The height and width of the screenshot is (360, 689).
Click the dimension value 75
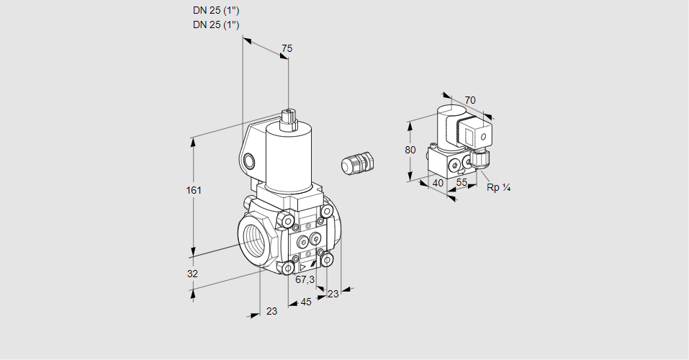click(287, 48)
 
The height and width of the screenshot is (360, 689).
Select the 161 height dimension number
click(194, 190)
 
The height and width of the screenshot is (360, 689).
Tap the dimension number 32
click(192, 274)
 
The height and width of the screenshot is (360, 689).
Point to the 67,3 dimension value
click(305, 279)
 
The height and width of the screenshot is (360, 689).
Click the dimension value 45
click(306, 302)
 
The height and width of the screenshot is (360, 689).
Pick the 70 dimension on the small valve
click(470, 100)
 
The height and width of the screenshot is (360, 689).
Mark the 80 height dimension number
click(410, 150)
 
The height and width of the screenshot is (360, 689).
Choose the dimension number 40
click(437, 183)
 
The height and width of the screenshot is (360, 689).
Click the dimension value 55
click(462, 183)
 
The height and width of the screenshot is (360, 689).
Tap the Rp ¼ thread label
click(498, 188)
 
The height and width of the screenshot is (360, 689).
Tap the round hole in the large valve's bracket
click(249, 160)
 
